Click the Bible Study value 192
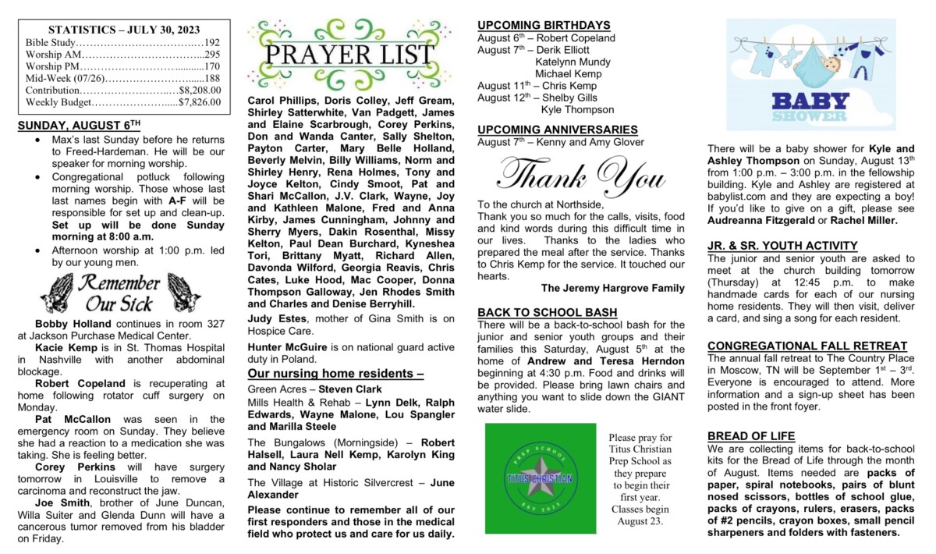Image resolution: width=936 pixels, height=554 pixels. click(212, 42)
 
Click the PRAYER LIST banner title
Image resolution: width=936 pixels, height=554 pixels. click(349, 55)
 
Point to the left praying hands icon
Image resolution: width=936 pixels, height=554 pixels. click(55, 293)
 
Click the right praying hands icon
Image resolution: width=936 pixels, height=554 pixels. click(184, 293)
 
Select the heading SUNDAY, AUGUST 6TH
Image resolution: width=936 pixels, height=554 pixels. click(79, 125)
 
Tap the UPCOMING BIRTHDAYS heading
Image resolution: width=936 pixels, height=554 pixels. click(544, 25)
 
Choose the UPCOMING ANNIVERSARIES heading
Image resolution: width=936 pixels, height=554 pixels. click(558, 130)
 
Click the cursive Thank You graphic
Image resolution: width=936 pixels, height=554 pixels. click(581, 175)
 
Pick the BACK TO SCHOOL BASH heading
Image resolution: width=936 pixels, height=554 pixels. click(548, 312)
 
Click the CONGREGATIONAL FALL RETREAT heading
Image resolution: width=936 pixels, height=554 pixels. click(807, 346)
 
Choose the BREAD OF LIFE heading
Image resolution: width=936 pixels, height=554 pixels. click(751, 435)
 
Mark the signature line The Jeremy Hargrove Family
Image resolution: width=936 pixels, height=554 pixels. click(612, 288)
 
